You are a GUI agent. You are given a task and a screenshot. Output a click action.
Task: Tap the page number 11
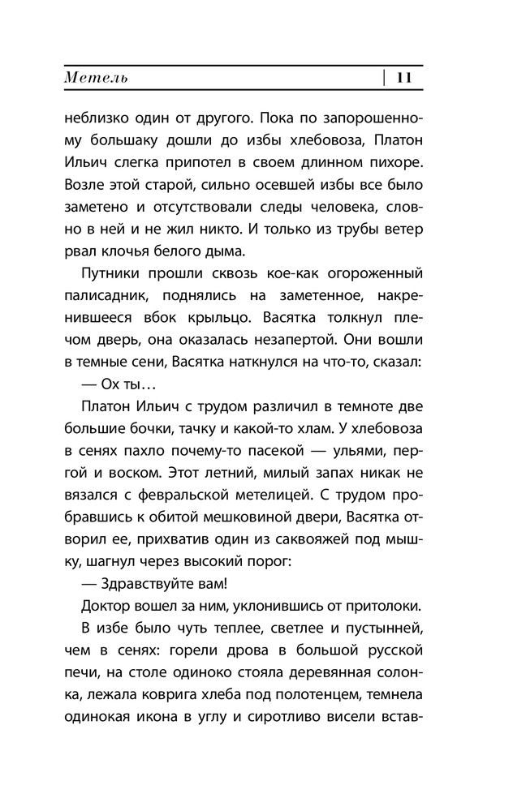(404, 79)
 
